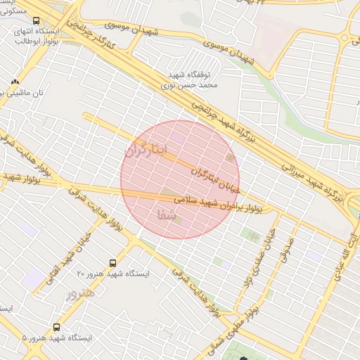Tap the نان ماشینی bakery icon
click(x=15, y=83)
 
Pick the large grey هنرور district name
click(x=79, y=295)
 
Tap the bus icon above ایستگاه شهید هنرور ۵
click(x=56, y=327)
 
